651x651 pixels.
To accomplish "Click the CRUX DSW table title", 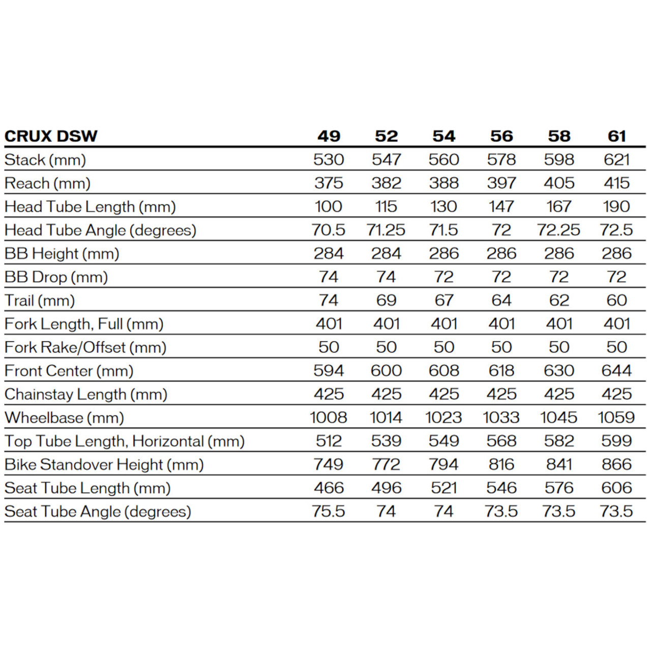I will click(51, 136).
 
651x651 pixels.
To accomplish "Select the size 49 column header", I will click(329, 136).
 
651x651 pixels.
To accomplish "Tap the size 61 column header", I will click(616, 136).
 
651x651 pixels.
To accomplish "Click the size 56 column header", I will click(501, 136).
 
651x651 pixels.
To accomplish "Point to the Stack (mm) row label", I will click(45, 160).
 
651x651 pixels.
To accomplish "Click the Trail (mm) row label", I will click(40, 301).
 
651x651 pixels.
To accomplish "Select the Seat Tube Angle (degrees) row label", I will click(98, 511).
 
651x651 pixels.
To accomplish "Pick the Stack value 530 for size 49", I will click(329, 160).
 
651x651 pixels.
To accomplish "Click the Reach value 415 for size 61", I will click(616, 183).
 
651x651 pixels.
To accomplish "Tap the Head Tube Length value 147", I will click(501, 206).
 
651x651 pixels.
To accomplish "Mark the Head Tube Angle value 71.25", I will click(386, 230).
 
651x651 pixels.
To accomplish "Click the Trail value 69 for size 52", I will click(386, 301).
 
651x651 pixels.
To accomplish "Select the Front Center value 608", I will click(443, 371).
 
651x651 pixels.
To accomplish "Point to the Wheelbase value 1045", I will click(559, 418).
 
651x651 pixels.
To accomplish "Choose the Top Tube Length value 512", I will click(329, 441).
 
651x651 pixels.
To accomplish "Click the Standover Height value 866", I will click(616, 464).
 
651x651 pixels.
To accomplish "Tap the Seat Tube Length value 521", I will click(443, 488).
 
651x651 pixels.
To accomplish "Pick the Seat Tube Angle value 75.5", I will click(329, 511).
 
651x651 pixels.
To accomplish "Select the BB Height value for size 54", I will click(443, 253).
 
